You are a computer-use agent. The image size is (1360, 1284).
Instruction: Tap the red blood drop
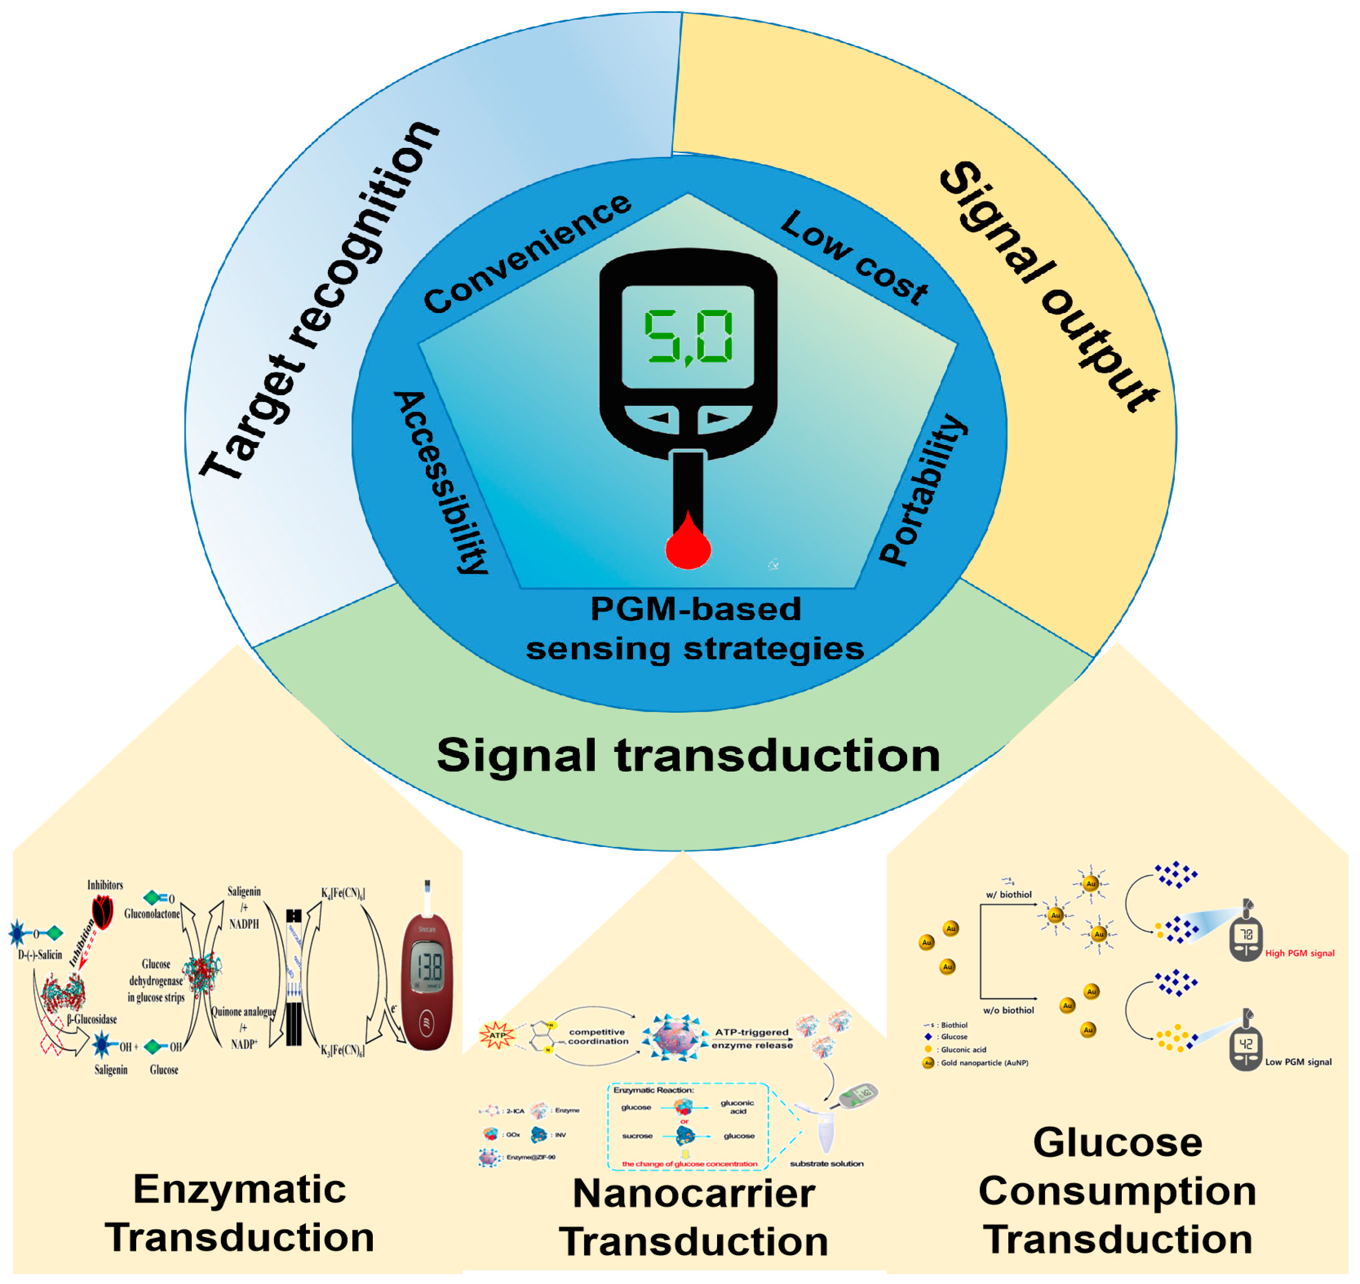pos(688,544)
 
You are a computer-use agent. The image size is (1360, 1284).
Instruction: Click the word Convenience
pos(527,253)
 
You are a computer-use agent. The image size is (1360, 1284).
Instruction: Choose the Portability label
pos(923,489)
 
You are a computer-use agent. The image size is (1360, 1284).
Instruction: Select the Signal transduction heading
pos(688,755)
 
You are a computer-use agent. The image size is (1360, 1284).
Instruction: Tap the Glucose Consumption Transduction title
pos(1117,1191)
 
